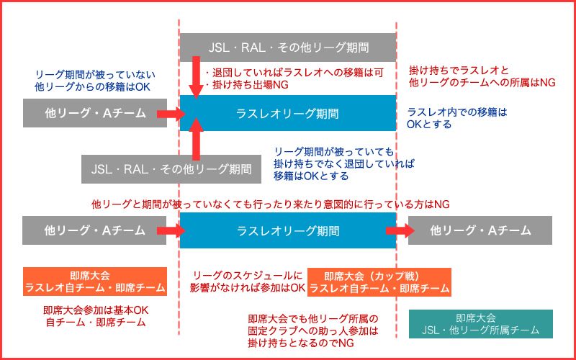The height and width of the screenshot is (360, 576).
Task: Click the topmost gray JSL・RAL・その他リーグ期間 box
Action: [x=287, y=48]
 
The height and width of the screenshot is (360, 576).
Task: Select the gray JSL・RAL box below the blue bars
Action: [x=171, y=169]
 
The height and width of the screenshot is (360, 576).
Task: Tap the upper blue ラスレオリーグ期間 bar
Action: [x=287, y=113]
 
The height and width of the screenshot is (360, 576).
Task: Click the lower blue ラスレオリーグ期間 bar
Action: [x=287, y=230]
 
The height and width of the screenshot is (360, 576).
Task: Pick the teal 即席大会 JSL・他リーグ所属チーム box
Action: [x=480, y=324]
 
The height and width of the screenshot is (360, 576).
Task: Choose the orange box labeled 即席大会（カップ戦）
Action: [x=379, y=282]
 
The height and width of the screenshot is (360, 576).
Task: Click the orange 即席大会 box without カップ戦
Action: [x=95, y=282]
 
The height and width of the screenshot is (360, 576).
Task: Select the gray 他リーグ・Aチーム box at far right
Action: [x=480, y=230]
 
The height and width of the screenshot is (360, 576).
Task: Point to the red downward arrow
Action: [x=196, y=78]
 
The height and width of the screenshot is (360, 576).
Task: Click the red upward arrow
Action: [x=196, y=139]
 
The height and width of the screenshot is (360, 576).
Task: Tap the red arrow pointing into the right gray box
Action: [x=400, y=230]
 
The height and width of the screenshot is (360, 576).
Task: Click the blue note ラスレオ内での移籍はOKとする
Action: [x=457, y=118]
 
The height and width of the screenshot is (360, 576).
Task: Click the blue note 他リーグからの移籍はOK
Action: [x=93, y=87]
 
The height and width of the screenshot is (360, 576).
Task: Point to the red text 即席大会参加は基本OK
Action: [x=96, y=310]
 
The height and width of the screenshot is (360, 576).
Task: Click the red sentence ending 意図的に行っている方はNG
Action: [x=271, y=204]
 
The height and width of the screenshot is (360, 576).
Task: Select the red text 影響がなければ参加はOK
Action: [x=248, y=287]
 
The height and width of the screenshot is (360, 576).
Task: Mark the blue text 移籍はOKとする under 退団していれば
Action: [x=311, y=176]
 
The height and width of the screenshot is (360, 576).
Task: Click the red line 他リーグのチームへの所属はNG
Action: [x=482, y=82]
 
